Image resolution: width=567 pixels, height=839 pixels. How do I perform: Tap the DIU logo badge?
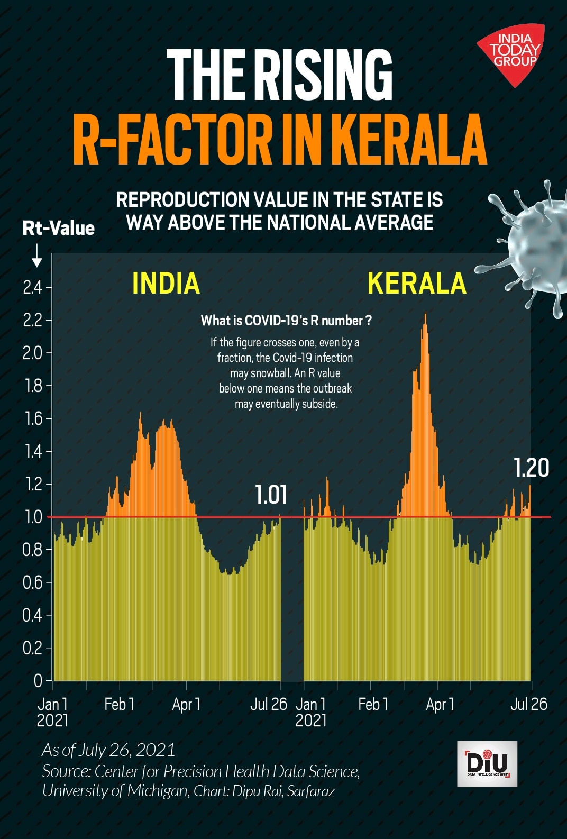[x=487, y=763]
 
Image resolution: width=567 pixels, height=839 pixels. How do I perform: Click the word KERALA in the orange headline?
[x=410, y=140]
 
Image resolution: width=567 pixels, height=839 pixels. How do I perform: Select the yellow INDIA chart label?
[x=166, y=283]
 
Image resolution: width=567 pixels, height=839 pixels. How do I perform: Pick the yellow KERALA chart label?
[x=417, y=283]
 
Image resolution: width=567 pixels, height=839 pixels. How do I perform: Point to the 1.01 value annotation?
[x=271, y=495]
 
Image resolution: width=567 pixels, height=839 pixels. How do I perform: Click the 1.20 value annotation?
[x=531, y=468]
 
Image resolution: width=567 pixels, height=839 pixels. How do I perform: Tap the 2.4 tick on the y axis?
[x=33, y=288]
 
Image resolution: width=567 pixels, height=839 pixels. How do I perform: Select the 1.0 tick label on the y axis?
[x=33, y=517]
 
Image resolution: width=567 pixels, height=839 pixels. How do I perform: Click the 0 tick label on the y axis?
[x=38, y=680]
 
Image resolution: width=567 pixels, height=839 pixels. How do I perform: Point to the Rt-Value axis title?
[x=58, y=228]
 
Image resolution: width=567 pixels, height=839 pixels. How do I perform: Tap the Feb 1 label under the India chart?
[x=119, y=704]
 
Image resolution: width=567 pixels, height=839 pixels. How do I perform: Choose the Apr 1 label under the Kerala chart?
[x=440, y=704]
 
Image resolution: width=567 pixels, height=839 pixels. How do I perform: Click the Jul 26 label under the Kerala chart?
[x=528, y=704]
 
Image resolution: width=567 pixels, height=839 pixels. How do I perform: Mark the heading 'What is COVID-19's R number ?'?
[x=286, y=321]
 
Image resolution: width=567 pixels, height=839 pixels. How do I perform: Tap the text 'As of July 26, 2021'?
[x=108, y=750]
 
